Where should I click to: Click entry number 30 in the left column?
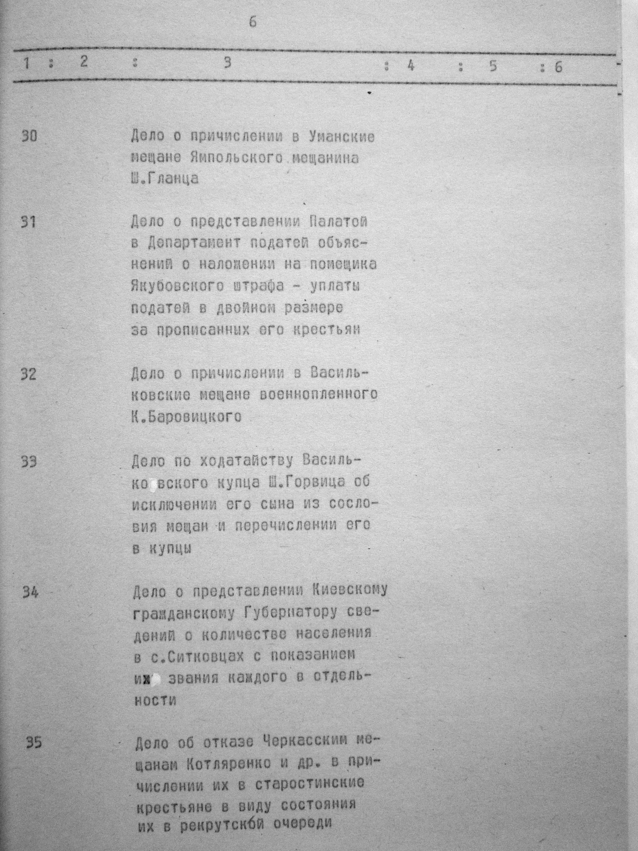click(x=29, y=136)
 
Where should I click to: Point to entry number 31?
click(x=29, y=222)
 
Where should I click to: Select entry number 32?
click(x=29, y=374)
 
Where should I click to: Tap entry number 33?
click(x=29, y=461)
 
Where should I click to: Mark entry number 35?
click(x=33, y=744)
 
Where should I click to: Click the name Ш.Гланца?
click(x=165, y=179)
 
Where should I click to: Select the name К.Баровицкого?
click(x=186, y=417)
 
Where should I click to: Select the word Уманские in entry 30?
click(x=342, y=137)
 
